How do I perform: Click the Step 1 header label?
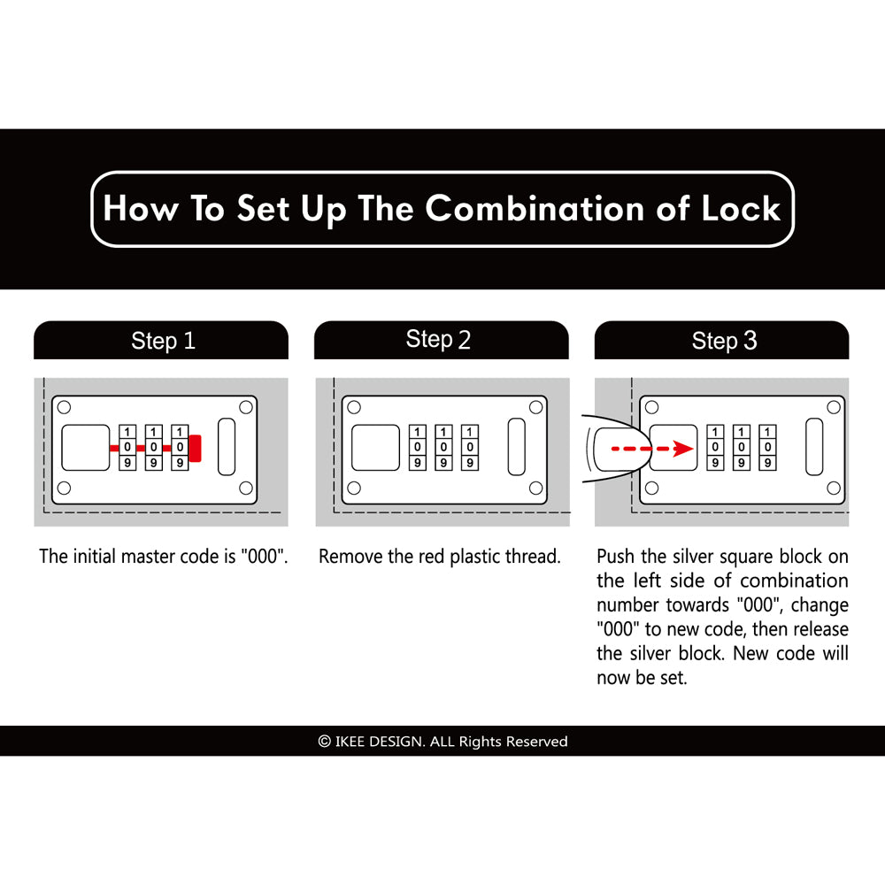pyautogui.click(x=163, y=341)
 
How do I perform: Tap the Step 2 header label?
pyautogui.click(x=438, y=339)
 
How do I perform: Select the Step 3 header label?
pyautogui.click(x=724, y=341)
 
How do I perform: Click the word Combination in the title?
pyautogui.click(x=535, y=209)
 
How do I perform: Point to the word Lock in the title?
pyautogui.click(x=741, y=208)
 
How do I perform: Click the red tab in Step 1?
pyautogui.click(x=196, y=448)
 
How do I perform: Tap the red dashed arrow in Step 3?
pyautogui.click(x=652, y=449)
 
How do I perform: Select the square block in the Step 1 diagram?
pyautogui.click(x=85, y=448)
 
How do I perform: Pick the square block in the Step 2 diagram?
pyautogui.click(x=375, y=448)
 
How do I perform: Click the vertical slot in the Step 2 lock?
pyautogui.click(x=517, y=447)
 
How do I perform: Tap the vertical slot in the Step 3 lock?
pyautogui.click(x=814, y=447)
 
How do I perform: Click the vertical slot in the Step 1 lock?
pyautogui.click(x=227, y=447)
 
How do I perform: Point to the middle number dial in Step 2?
pyautogui.click(x=443, y=448)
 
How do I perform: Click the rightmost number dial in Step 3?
pyautogui.click(x=767, y=448)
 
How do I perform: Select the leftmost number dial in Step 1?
pyautogui.click(x=127, y=448)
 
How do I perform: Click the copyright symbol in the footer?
pyautogui.click(x=325, y=741)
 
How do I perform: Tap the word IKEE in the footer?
pyautogui.click(x=350, y=741)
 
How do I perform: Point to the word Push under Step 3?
pyautogui.click(x=616, y=557)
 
